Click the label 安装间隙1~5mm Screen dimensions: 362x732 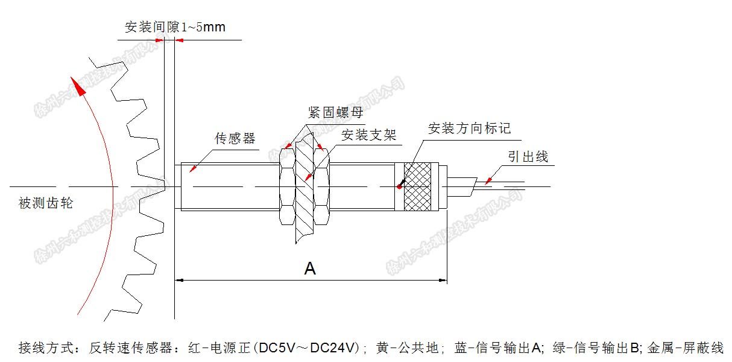click(x=175, y=28)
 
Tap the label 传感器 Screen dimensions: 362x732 click(x=235, y=138)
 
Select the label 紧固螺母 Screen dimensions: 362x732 click(x=335, y=113)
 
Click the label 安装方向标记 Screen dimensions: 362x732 click(x=469, y=128)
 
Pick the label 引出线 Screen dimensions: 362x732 click(x=528, y=157)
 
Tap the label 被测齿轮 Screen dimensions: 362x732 click(x=46, y=203)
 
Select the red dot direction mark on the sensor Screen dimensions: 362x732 click(x=399, y=186)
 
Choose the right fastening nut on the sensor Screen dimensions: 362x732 click(x=324, y=186)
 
